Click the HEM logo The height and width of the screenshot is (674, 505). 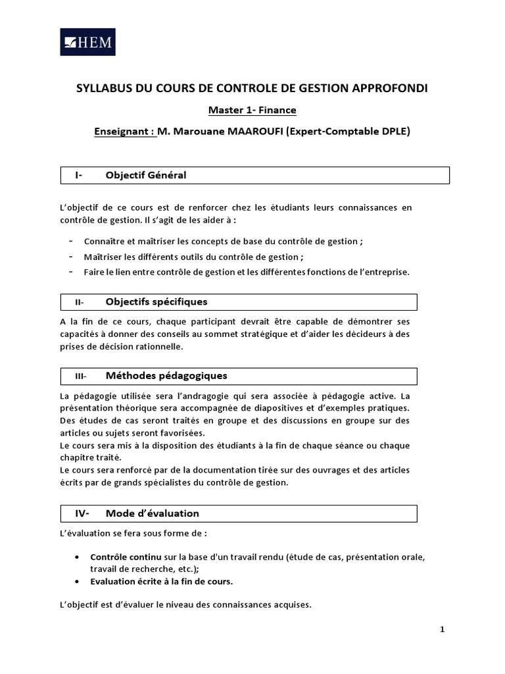tap(87, 42)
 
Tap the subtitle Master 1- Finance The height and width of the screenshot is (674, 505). tap(252, 110)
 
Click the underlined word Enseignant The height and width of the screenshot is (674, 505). tap(124, 131)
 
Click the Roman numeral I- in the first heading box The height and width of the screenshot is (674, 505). tap(78, 175)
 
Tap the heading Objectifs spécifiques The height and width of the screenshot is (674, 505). tap(156, 302)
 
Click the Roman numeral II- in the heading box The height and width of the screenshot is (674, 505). tap(80, 303)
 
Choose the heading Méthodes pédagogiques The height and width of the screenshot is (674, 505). tap(166, 376)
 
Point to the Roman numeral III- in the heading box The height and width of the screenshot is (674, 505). tap(81, 376)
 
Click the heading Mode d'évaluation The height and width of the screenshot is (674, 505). tap(152, 513)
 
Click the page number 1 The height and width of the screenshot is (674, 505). tap(443, 629)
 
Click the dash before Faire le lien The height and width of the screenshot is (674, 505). tap(70, 272)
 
